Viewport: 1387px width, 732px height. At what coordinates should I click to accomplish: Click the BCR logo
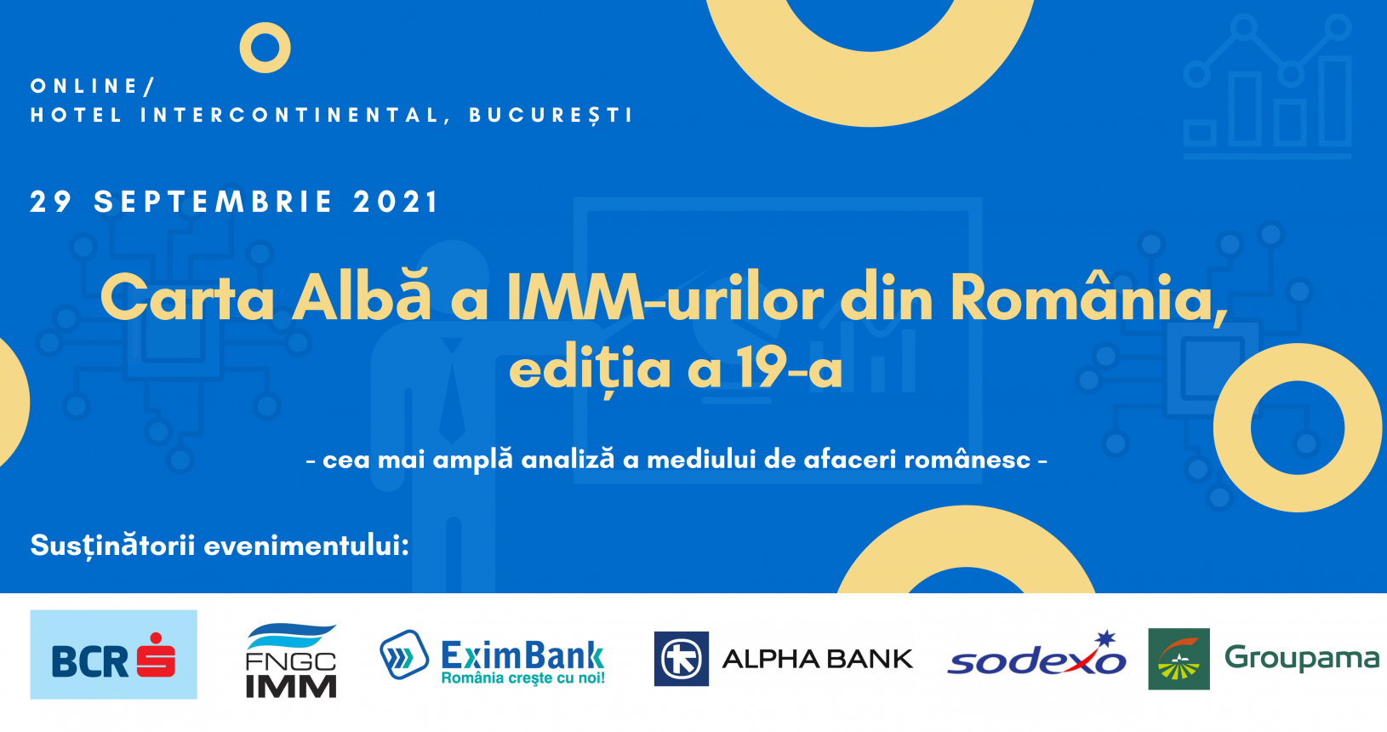click(x=113, y=654)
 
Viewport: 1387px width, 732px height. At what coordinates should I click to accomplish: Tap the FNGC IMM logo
click(x=291, y=661)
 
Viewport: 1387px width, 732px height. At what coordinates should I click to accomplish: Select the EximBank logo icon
click(x=403, y=655)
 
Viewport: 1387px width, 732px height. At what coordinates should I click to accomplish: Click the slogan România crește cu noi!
click(x=523, y=678)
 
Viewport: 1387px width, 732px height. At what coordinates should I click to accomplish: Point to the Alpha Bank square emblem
click(x=681, y=658)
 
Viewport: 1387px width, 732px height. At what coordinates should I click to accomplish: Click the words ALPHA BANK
click(x=818, y=659)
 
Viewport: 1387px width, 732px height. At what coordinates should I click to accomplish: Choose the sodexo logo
click(x=1036, y=655)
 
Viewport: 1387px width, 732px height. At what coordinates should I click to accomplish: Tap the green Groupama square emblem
click(x=1179, y=658)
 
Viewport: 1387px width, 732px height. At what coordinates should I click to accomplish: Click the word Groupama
click(x=1302, y=658)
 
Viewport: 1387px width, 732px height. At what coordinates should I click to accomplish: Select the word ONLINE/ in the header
click(x=92, y=86)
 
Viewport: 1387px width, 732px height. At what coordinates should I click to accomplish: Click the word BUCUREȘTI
click(x=551, y=116)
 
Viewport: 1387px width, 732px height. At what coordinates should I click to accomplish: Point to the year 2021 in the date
click(x=396, y=202)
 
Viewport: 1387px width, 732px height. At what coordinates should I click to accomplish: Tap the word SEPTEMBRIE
click(x=214, y=202)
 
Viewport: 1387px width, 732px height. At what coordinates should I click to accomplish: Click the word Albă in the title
click(x=361, y=297)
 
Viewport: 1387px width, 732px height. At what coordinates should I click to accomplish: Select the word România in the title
click(x=1088, y=297)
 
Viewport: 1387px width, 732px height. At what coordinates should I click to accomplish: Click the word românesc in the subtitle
click(x=967, y=460)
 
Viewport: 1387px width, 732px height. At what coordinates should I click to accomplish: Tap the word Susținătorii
click(x=112, y=546)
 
